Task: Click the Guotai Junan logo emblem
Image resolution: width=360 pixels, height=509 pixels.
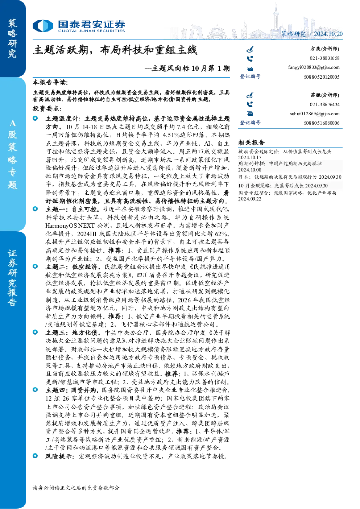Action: click(43, 26)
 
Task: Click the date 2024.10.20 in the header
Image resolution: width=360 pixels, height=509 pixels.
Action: click(328, 34)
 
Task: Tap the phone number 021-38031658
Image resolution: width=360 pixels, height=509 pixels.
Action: click(324, 58)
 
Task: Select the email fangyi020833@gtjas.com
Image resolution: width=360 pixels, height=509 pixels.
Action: click(314, 67)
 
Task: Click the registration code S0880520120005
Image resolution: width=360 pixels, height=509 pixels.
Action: click(322, 77)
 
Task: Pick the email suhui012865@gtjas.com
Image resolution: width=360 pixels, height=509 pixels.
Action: click(315, 113)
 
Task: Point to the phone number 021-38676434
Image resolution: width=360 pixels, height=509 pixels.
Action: click(324, 104)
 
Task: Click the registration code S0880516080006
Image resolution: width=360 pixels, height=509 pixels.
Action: click(322, 123)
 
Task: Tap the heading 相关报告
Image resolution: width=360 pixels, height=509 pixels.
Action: click(251, 142)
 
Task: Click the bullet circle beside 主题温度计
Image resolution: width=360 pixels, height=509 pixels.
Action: click(35, 118)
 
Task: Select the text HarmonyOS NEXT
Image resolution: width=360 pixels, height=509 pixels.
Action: click(70, 225)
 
